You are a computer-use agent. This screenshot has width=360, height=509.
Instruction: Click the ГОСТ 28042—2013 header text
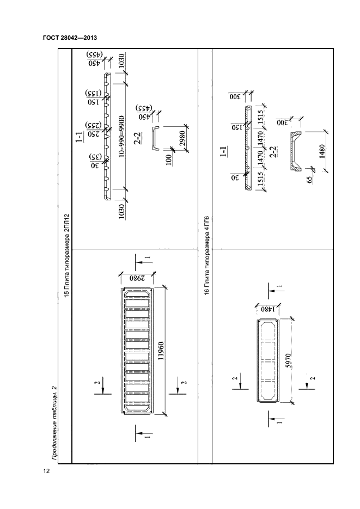point(73,38)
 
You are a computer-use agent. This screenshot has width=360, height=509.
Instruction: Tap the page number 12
point(46,471)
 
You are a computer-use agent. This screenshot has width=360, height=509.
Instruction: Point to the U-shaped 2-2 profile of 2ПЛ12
point(155,138)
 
